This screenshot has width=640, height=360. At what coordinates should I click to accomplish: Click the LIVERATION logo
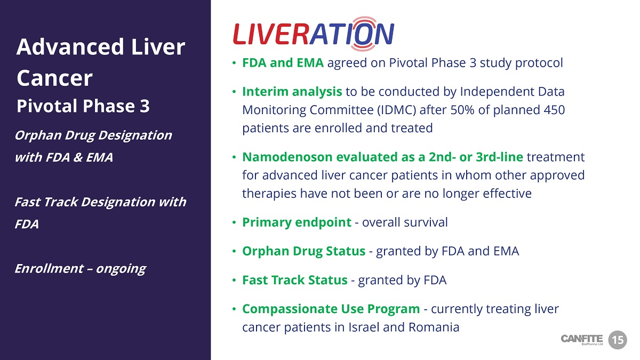tap(314, 34)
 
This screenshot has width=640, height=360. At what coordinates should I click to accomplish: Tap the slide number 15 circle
tap(618, 340)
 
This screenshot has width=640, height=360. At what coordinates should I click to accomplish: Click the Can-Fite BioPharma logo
tap(582, 340)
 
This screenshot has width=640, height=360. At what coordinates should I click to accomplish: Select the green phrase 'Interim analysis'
tap(292, 92)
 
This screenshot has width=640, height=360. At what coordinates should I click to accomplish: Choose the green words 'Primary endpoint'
tap(297, 222)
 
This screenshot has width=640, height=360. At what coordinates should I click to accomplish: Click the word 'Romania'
tap(434, 327)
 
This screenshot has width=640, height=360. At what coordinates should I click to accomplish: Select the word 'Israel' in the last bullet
tap(364, 327)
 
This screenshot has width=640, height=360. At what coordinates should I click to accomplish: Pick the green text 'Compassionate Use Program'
tap(331, 309)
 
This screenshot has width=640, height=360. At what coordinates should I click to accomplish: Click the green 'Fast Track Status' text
tap(295, 280)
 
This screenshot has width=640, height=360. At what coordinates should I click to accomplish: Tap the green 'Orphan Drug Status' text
tap(303, 251)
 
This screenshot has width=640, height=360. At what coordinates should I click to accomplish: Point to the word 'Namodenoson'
tap(287, 157)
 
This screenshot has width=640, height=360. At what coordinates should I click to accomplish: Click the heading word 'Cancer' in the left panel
tap(54, 78)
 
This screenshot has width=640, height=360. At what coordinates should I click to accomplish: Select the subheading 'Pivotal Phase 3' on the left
tap(83, 106)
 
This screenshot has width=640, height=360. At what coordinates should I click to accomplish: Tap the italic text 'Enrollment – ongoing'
tap(81, 269)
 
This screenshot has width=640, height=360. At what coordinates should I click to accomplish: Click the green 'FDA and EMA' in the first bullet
tap(283, 63)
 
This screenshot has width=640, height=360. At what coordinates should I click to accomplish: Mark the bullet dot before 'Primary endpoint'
tap(234, 222)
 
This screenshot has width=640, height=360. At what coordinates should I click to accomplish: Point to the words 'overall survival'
tap(405, 222)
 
